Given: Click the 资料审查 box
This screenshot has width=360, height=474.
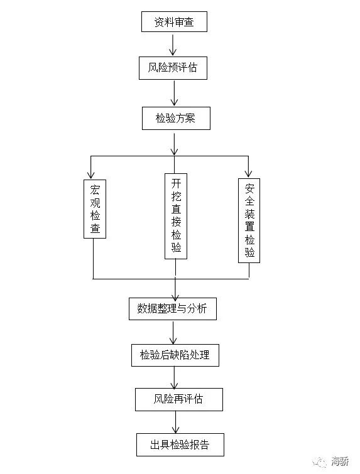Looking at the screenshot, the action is (174, 22).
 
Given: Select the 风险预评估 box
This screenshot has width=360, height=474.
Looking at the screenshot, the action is (173, 68).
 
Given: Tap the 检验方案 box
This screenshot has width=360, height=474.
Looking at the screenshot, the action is (176, 118).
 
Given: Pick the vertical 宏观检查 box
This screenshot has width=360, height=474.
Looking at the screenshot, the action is (95, 209).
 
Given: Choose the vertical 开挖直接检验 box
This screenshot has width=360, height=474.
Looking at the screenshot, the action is (176, 216).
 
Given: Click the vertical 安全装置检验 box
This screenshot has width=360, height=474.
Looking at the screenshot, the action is (249, 220).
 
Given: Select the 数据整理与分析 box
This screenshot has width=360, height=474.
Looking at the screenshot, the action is (173, 309).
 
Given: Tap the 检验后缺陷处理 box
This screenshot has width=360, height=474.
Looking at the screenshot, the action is (175, 355).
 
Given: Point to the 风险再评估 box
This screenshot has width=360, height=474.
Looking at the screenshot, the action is (179, 399).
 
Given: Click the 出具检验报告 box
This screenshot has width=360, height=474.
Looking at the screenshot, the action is (180, 444).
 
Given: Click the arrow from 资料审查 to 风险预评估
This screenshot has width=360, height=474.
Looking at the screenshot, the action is (173, 45).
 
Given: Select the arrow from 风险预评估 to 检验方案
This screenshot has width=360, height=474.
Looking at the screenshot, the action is (174, 93).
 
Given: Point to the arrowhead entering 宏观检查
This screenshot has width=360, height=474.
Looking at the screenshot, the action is (90, 175).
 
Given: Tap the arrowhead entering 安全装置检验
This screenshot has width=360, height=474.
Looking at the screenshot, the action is (248, 173).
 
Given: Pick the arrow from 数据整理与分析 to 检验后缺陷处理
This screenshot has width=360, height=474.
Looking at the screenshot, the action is (173, 333).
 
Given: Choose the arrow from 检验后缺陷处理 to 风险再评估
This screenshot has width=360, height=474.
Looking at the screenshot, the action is (174, 378).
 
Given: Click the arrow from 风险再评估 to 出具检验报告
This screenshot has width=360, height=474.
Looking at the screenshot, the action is (175, 423).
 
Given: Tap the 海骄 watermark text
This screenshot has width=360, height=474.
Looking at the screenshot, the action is (340, 461).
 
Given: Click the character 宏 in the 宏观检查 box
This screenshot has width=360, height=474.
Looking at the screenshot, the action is (95, 190).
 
